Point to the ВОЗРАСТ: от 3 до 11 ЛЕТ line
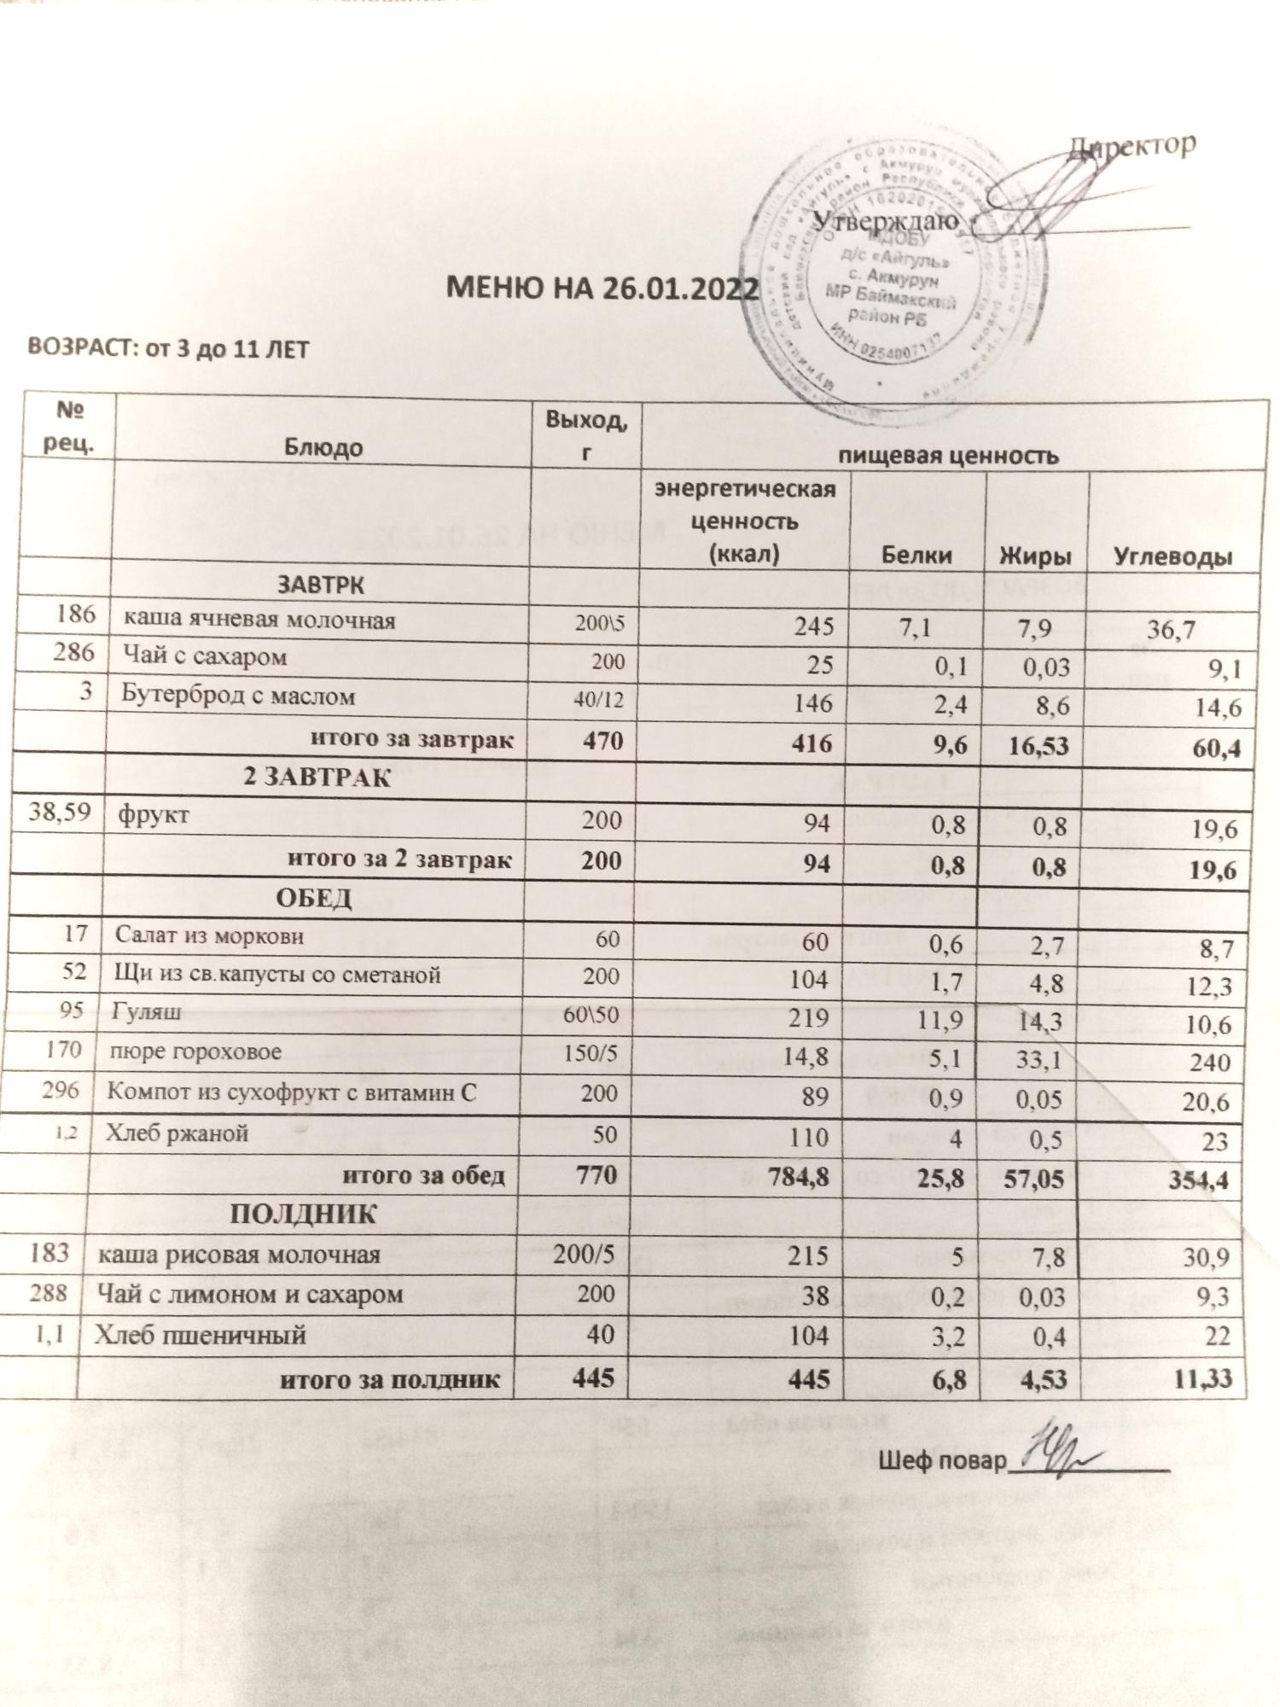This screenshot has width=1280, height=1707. [x=168, y=349]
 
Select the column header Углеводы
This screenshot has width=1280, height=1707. [x=1174, y=556]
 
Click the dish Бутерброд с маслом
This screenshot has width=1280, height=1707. [x=238, y=696]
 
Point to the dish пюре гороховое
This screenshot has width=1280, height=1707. [x=195, y=1052]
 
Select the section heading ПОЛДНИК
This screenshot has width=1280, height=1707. [x=304, y=1215]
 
